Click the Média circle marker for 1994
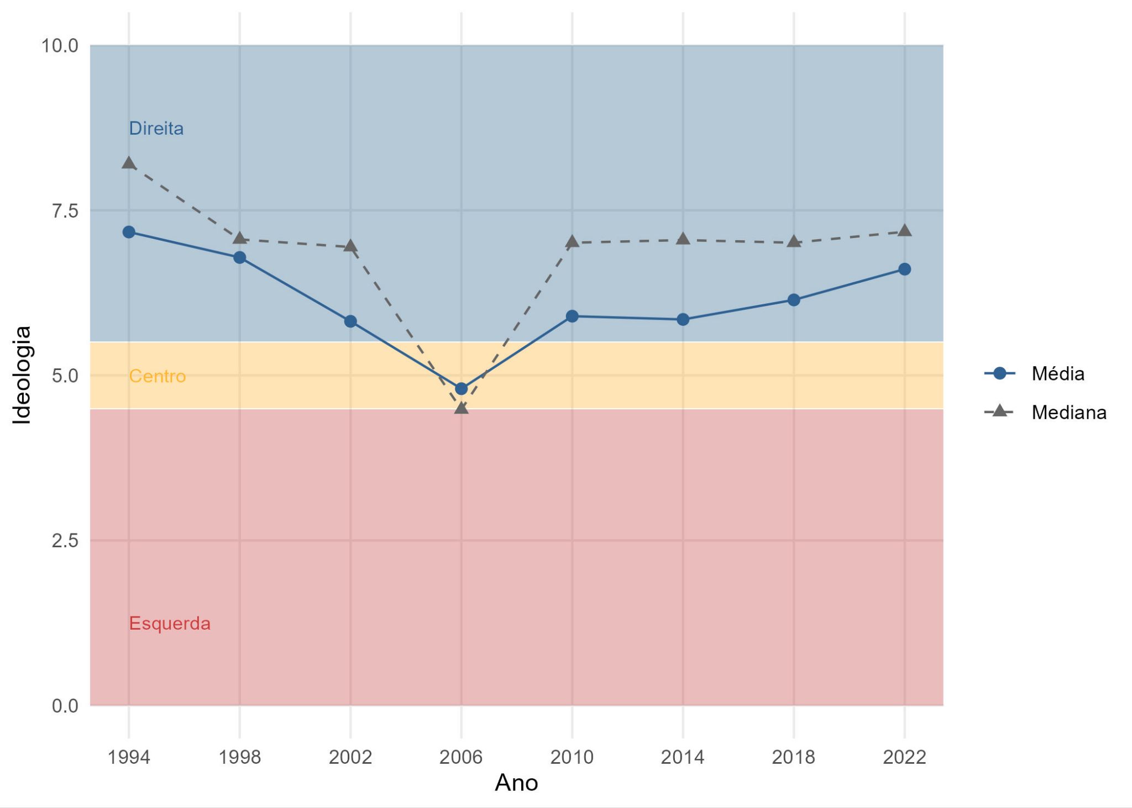(x=129, y=232)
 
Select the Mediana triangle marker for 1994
(x=129, y=163)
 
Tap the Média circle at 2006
(x=461, y=389)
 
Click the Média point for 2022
(x=904, y=269)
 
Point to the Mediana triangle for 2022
(x=904, y=231)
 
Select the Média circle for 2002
(x=350, y=321)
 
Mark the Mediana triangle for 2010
(x=572, y=242)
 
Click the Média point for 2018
(x=794, y=300)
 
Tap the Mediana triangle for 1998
(x=239, y=239)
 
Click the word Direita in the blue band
(x=156, y=129)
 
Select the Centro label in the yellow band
(x=157, y=376)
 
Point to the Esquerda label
(x=170, y=624)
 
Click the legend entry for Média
(x=1057, y=374)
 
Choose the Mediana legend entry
(x=1068, y=413)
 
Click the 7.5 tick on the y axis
(x=65, y=210)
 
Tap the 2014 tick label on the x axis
(x=683, y=757)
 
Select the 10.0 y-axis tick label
(x=60, y=46)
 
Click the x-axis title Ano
(x=516, y=783)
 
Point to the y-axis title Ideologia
(x=22, y=375)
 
